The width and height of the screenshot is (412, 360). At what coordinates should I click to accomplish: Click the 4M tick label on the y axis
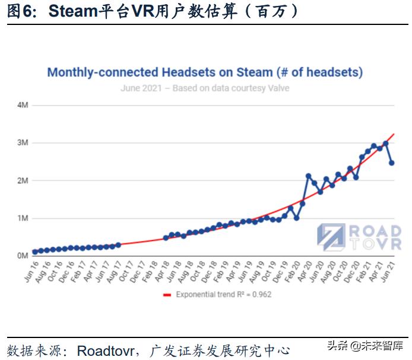[23, 105]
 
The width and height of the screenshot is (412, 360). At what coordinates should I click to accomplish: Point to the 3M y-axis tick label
[23, 143]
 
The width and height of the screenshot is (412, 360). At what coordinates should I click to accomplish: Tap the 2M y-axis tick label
[23, 180]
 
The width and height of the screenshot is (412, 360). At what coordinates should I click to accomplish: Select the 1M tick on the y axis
[23, 218]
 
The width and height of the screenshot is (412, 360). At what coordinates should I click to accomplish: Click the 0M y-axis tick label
[23, 255]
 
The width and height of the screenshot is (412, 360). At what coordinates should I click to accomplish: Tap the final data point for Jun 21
[392, 163]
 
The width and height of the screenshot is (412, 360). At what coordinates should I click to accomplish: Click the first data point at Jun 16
[35, 252]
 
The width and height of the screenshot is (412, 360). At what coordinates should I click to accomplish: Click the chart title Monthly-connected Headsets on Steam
[205, 72]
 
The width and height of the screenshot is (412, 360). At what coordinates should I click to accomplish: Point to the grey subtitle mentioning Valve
[205, 89]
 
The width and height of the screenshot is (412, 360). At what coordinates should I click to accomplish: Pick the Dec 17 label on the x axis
[136, 270]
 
